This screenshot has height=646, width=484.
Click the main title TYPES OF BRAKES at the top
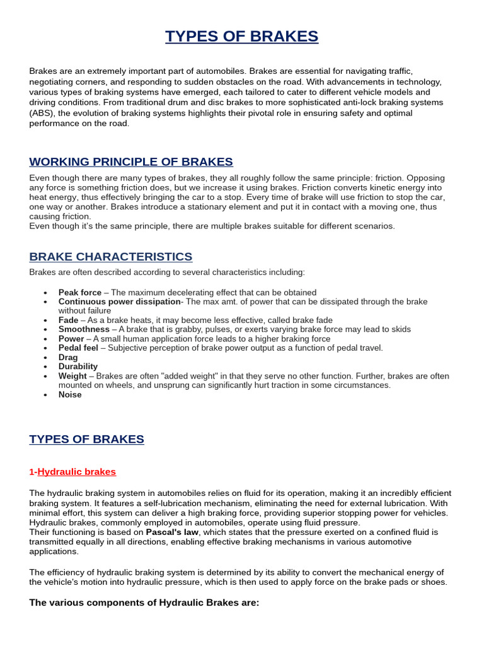tap(242, 37)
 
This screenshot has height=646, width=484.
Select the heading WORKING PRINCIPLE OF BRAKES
tap(131, 161)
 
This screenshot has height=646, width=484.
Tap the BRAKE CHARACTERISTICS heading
tap(111, 257)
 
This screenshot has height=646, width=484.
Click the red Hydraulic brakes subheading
tap(77, 472)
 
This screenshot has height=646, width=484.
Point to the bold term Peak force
tap(80, 293)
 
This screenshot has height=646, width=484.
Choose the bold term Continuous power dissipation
tap(119, 302)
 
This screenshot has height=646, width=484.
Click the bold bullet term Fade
tap(68, 320)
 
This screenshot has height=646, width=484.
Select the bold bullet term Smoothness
tap(84, 329)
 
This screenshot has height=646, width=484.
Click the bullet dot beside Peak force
tap(46, 293)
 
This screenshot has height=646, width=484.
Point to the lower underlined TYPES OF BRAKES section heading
tap(86, 439)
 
